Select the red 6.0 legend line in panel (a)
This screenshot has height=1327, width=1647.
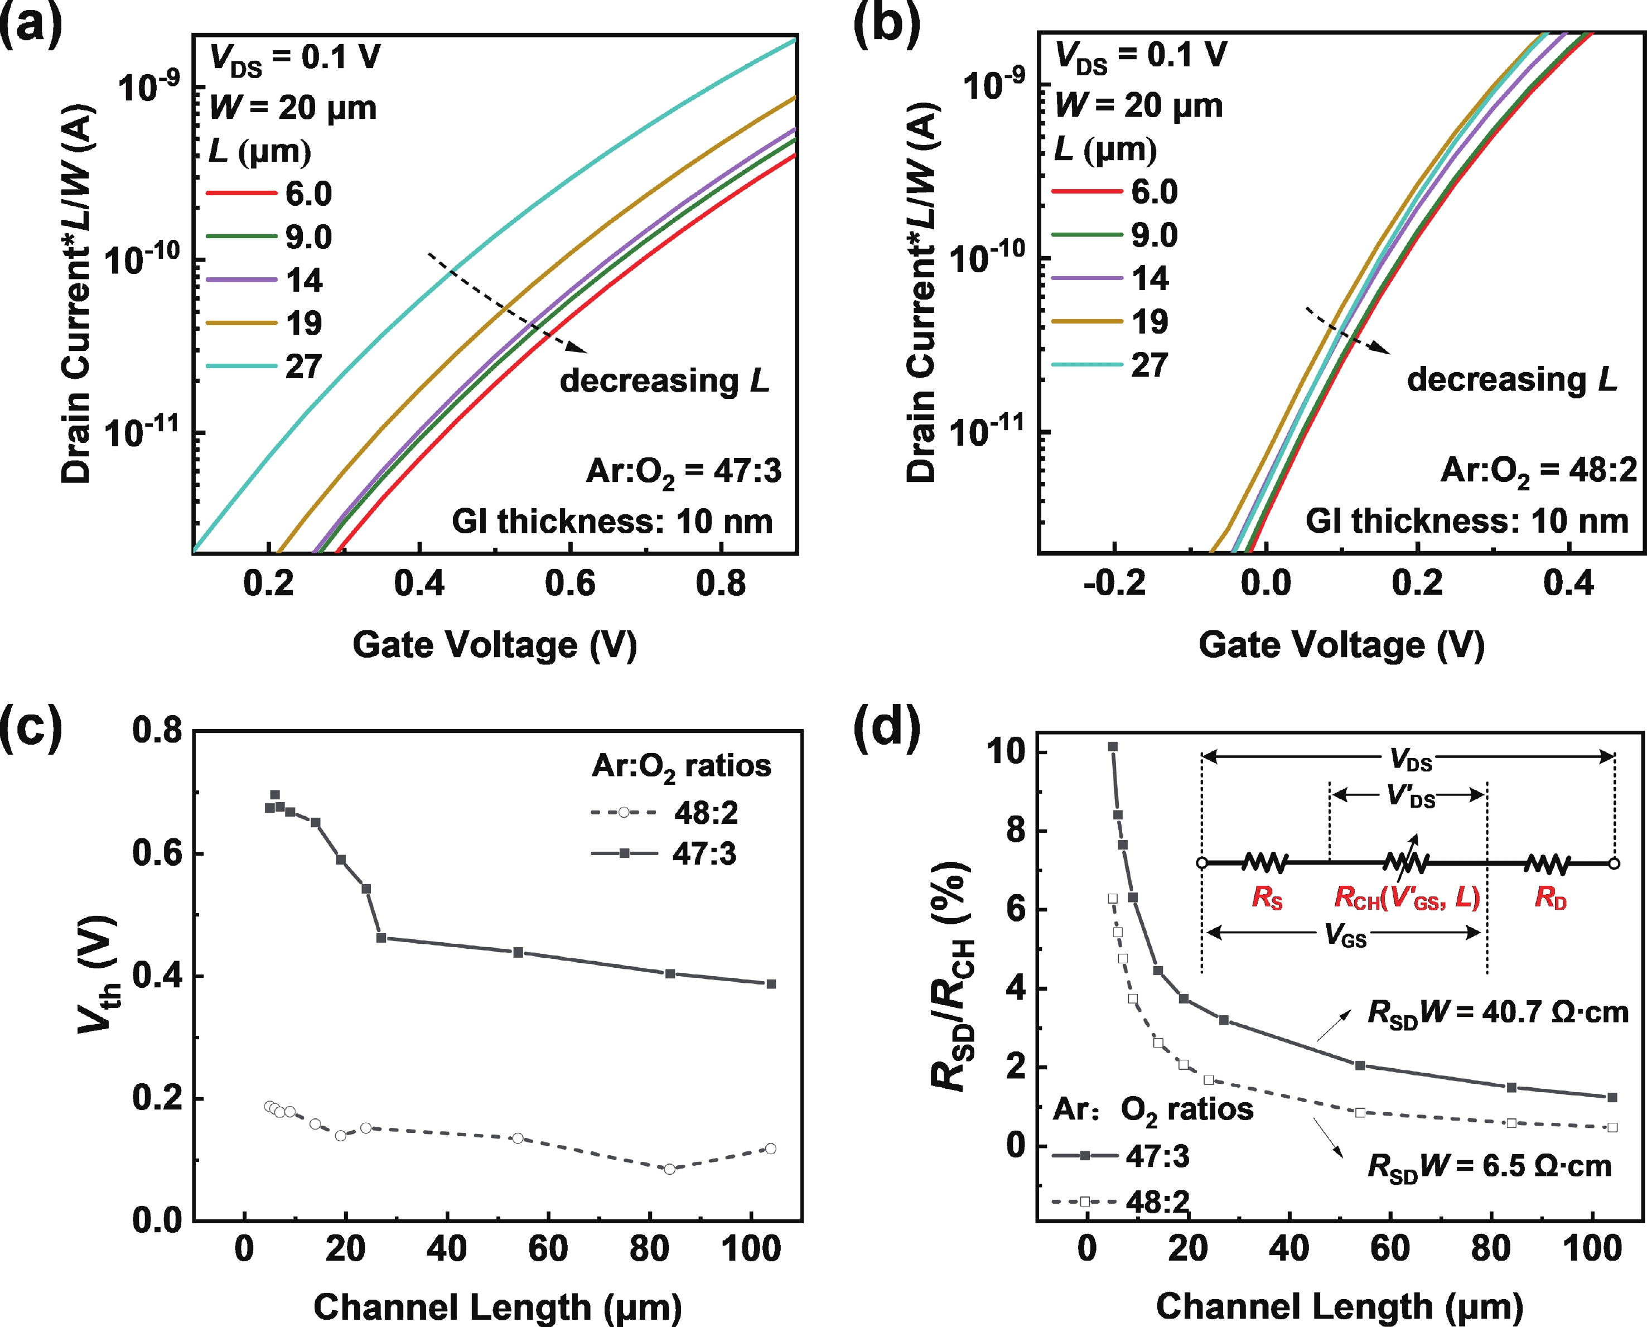pyautogui.click(x=241, y=192)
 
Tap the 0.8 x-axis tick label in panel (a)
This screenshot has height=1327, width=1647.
pyautogui.click(x=720, y=583)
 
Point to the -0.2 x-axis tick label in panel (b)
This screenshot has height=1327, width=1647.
pyautogui.click(x=1114, y=583)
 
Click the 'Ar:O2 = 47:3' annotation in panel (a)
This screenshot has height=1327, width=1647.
pyautogui.click(x=683, y=472)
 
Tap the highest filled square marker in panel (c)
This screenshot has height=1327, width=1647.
pyautogui.click(x=275, y=795)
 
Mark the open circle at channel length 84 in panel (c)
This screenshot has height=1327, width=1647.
pyautogui.click(x=669, y=1169)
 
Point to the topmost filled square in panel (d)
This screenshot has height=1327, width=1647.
pyautogui.click(x=1113, y=746)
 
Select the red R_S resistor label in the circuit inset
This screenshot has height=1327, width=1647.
pyautogui.click(x=1267, y=897)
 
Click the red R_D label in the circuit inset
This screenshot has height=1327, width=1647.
pyautogui.click(x=1550, y=897)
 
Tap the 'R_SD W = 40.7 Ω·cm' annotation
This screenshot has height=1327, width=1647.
pyautogui.click(x=1497, y=1014)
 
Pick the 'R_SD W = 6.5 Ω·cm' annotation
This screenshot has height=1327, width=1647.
pyautogui.click(x=1489, y=1166)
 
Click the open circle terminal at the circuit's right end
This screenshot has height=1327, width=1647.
pyautogui.click(x=1614, y=864)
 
